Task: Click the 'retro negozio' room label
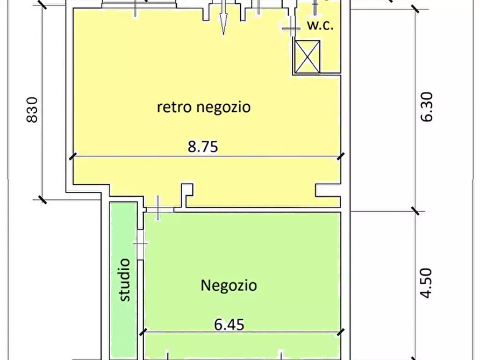click(204, 107)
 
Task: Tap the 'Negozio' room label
click(228, 285)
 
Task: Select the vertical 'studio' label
click(125, 279)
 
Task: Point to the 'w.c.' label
click(320, 25)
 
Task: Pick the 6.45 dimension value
click(229, 325)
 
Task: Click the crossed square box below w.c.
click(308, 56)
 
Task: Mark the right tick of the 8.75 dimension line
click(340, 156)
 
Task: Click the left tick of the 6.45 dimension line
click(144, 332)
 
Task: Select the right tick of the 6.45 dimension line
click(340, 332)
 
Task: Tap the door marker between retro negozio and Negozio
click(157, 207)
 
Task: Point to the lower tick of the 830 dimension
click(41, 199)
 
